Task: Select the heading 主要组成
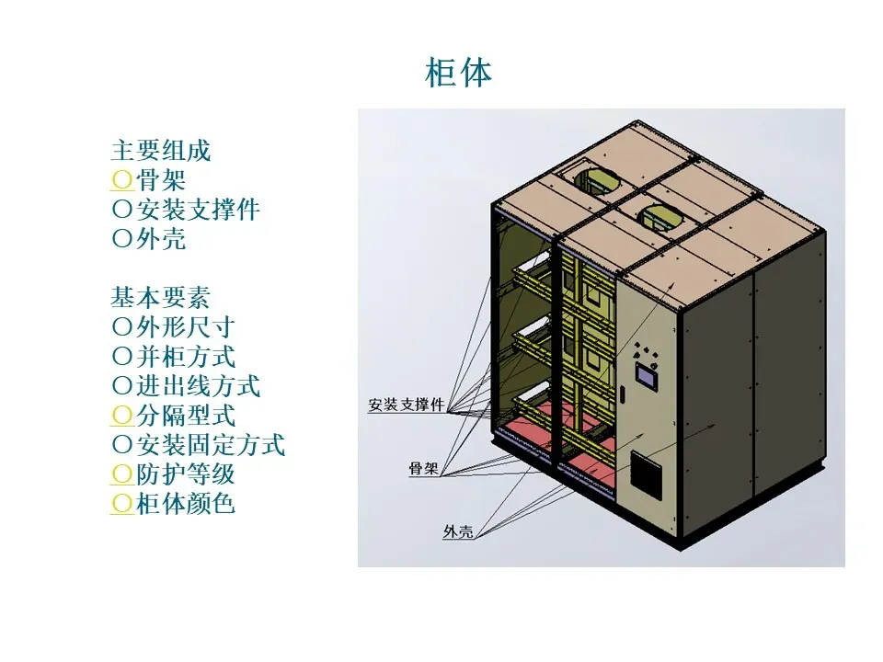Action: [161, 150]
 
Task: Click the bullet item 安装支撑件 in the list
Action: [198, 209]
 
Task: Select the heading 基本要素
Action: [161, 297]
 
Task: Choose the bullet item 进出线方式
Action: [198, 385]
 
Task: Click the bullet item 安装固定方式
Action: [210, 445]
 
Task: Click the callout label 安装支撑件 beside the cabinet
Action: [407, 405]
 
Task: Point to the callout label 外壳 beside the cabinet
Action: [457, 531]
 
